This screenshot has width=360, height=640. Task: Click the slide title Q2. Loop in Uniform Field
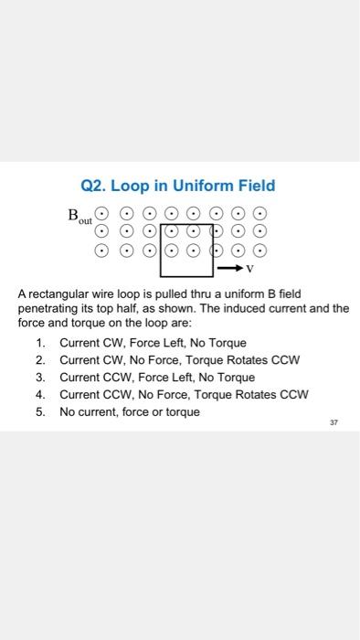coord(177,186)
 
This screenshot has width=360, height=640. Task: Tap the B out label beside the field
coord(80,218)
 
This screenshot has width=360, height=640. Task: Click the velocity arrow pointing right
coord(229,269)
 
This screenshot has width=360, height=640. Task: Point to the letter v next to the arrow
coord(249,270)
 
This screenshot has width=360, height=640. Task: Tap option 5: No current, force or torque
coord(129,411)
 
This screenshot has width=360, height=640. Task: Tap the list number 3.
coord(40,377)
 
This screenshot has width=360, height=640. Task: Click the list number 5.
coord(40,411)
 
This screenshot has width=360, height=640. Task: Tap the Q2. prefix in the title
coord(94,186)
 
